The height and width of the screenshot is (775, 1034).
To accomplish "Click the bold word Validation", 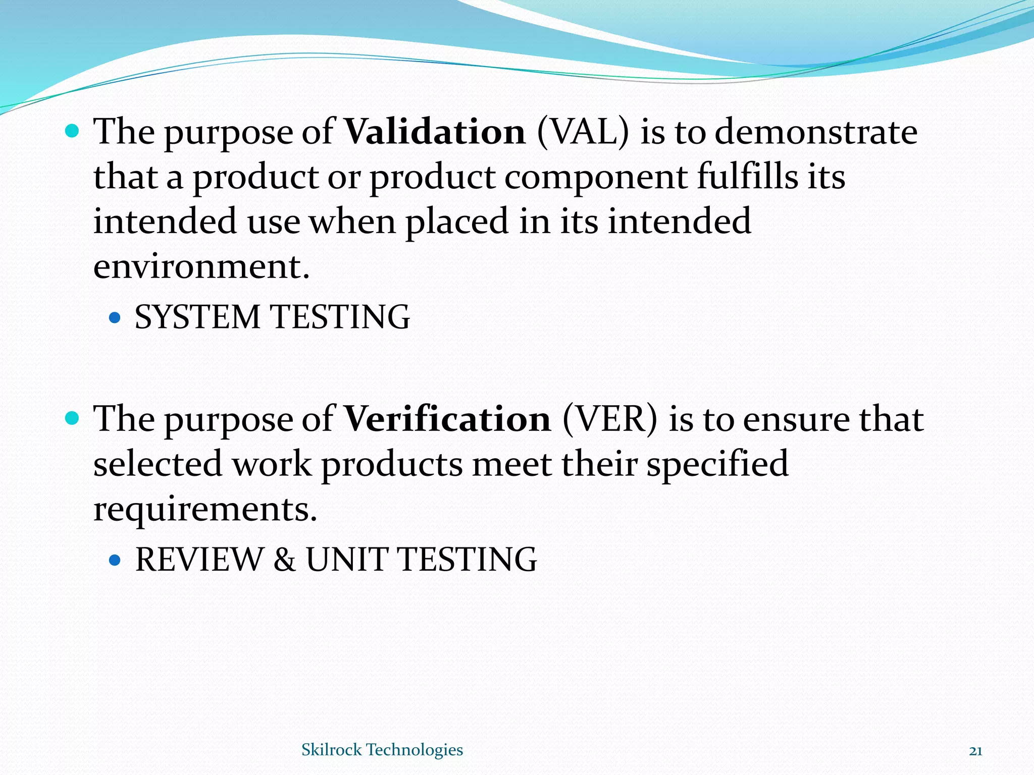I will pos(435,132).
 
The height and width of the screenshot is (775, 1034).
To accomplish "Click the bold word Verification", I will pos(447,419).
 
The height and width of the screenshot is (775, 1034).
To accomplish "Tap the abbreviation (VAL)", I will pos(583,132).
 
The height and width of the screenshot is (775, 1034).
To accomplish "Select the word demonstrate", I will pos(816,132).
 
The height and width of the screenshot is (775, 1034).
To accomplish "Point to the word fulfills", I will pos(747,177).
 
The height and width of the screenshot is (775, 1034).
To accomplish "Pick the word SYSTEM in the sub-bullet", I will pos(197,317).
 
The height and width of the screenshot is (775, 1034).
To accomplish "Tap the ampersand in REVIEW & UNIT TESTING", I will pos(285,560).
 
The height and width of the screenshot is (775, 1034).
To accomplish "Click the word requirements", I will pos(205,510).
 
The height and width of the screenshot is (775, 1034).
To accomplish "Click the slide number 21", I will pos(975,751).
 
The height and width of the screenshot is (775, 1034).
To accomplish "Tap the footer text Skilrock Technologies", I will pos(382,750).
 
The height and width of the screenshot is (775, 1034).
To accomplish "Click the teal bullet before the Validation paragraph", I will pos(73,132).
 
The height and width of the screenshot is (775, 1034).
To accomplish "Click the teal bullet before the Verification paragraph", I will pos(73,418).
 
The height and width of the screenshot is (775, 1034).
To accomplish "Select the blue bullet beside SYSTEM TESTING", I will pos(115,318).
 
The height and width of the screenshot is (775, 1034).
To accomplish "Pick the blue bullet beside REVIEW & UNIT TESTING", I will pos(115,560).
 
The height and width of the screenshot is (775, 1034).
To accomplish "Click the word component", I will pos(596,177).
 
